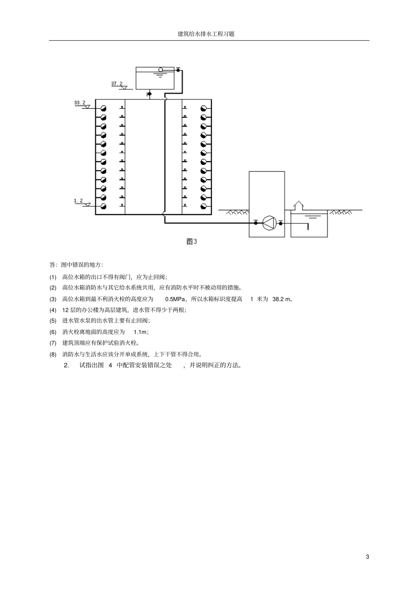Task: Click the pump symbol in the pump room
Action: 269,223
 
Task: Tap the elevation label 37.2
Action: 117,83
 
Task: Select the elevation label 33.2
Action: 80,102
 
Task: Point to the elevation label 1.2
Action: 79,201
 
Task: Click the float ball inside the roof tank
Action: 161,70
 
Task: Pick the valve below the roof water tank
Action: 149,94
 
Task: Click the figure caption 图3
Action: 191,242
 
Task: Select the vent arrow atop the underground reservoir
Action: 299,205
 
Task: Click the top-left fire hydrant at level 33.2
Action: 104,108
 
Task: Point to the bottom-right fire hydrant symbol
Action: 203,206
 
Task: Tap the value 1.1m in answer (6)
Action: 141,332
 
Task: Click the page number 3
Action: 367,556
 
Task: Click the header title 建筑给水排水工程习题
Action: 206,34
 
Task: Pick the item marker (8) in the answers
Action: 53,354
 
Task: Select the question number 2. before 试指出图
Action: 67,365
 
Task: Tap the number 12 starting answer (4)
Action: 65,310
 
